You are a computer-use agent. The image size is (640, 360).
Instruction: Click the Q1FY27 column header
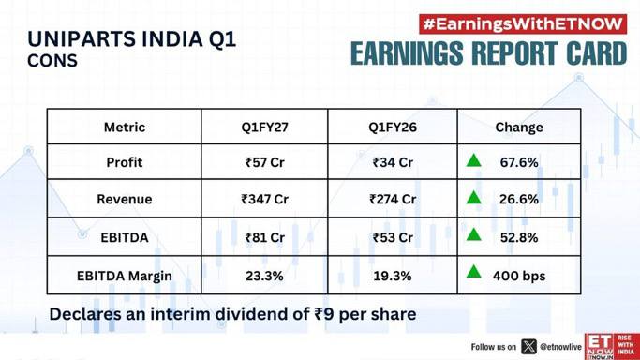(264, 127)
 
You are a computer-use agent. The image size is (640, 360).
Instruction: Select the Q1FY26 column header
(393, 127)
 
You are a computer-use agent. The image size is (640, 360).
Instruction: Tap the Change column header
(519, 127)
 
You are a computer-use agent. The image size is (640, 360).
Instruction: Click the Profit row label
(125, 162)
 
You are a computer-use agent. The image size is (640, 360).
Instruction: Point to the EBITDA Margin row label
(124, 276)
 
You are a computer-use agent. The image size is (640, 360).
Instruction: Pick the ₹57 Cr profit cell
(264, 162)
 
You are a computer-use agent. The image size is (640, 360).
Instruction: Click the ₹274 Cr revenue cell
(393, 199)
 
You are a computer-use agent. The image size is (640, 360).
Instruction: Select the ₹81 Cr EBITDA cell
(264, 237)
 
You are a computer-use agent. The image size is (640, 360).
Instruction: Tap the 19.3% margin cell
(393, 276)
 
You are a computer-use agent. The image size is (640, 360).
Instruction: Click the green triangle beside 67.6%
(473, 160)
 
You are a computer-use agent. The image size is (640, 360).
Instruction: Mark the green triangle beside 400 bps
(473, 272)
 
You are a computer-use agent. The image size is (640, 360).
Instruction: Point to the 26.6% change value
(519, 199)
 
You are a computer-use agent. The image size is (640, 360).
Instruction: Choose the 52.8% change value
(519, 237)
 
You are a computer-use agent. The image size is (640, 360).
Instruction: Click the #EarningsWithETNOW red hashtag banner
(523, 24)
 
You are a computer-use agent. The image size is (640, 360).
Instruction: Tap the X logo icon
(528, 347)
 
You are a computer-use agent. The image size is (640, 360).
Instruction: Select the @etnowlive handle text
(560, 347)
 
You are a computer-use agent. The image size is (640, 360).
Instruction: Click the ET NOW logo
(612, 347)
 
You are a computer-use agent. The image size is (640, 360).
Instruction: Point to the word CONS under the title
(52, 61)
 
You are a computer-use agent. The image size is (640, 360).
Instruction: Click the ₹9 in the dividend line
(324, 314)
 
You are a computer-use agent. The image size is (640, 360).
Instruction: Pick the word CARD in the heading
(597, 53)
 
